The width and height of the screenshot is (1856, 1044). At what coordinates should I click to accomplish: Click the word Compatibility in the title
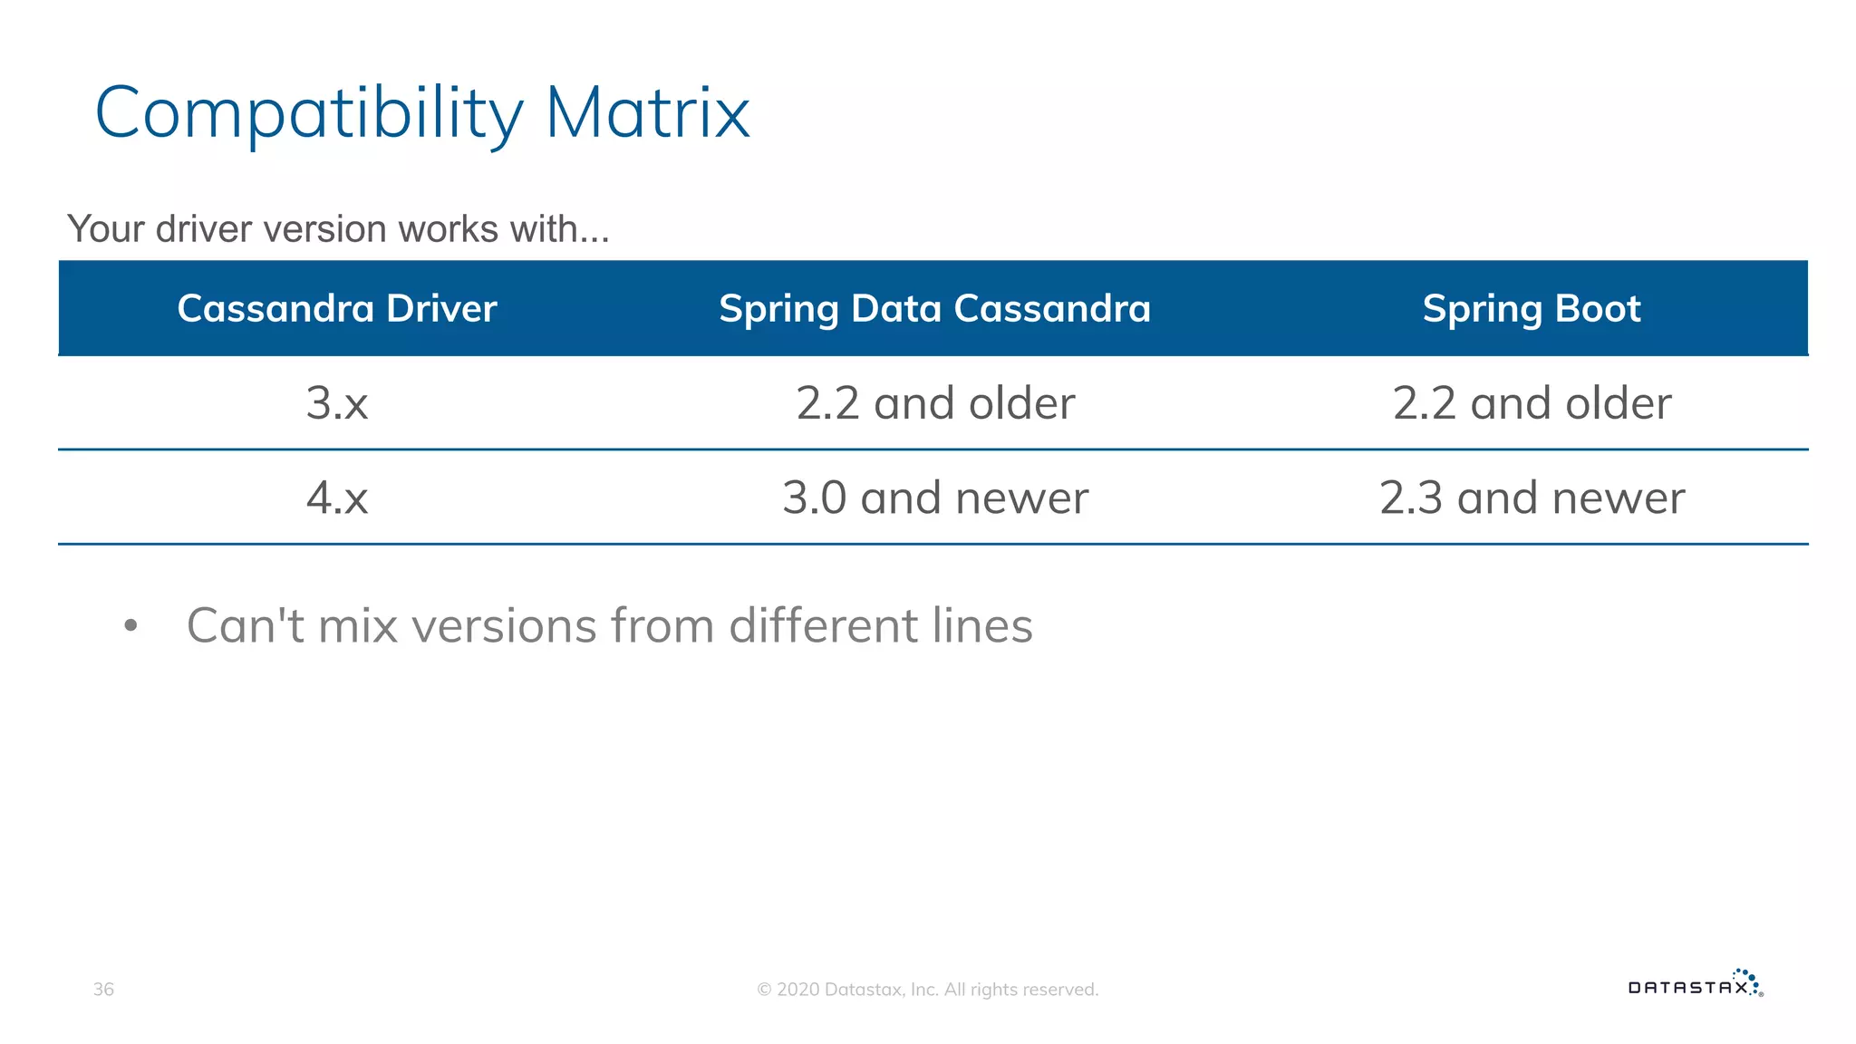[x=308, y=114]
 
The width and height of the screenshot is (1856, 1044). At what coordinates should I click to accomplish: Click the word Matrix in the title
[x=647, y=114]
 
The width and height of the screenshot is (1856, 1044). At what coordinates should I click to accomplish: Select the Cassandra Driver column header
[x=337, y=309]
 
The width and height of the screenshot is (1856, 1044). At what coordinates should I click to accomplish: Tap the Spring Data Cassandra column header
[x=934, y=309]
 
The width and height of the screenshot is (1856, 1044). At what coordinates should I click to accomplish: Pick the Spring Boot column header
[x=1531, y=309]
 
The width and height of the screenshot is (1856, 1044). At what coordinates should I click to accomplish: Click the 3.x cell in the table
[x=337, y=403]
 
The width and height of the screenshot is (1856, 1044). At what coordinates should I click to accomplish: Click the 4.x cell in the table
[x=337, y=498]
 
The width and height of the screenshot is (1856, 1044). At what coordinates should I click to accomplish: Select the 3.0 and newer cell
[x=934, y=498]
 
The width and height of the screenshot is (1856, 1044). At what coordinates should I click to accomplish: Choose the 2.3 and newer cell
[x=1532, y=498]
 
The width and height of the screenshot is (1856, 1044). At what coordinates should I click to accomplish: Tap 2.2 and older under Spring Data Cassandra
[x=934, y=403]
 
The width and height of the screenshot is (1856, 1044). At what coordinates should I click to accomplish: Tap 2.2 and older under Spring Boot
[x=1532, y=403]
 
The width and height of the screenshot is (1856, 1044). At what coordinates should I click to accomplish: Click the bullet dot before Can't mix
[x=130, y=626]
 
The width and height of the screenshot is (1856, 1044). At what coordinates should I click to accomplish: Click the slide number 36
[x=103, y=990]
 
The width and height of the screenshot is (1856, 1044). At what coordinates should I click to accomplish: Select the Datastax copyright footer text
[x=927, y=990]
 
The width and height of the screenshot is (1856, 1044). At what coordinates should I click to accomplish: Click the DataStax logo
[x=1695, y=985]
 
